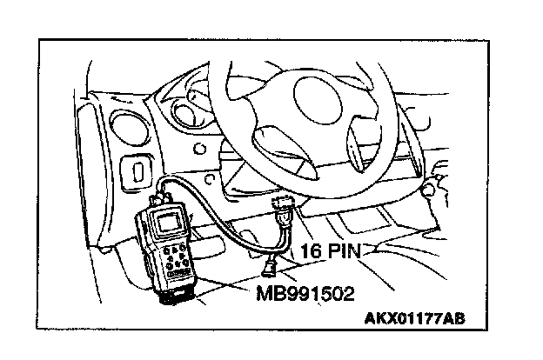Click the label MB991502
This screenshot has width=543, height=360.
[306, 292]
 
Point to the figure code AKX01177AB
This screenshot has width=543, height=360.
[410, 318]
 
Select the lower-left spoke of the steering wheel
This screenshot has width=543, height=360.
[277, 139]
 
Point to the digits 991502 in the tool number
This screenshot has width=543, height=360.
[320, 292]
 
